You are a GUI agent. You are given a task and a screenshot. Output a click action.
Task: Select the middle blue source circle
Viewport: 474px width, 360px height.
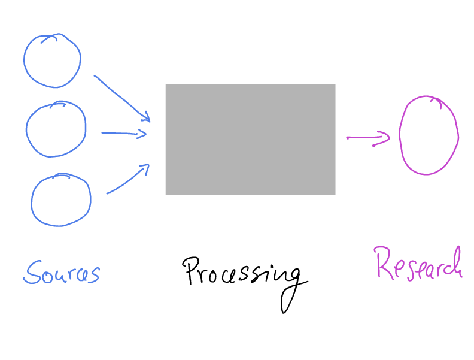coord(56,129)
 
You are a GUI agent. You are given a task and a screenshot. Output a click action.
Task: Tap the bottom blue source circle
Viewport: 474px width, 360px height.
coord(60,199)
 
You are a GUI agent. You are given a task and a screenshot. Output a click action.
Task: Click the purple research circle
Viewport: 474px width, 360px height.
coord(429,135)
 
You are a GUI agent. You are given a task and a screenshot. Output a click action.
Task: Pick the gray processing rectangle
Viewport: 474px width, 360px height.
coord(250,139)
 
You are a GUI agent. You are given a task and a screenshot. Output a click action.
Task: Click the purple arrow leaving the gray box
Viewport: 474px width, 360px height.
coord(367,138)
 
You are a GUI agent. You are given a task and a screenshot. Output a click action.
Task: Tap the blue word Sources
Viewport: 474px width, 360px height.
coord(61,273)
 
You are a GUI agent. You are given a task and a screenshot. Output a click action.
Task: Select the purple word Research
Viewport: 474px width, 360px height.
coord(418,264)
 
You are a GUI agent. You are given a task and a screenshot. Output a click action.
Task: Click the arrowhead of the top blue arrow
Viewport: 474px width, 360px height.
coord(145,116)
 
